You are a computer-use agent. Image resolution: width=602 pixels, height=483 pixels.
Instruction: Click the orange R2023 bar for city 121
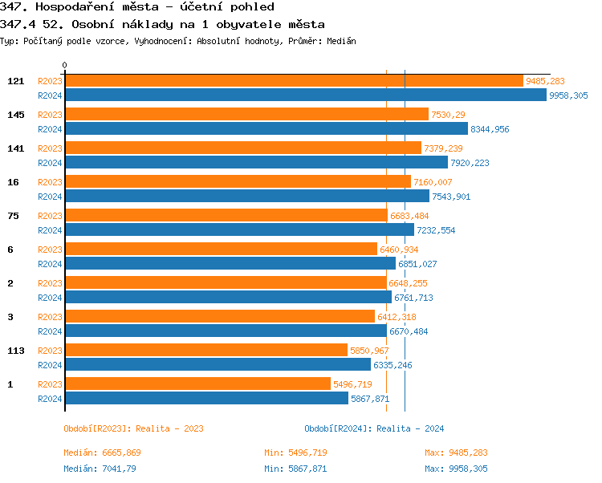(x=293, y=81)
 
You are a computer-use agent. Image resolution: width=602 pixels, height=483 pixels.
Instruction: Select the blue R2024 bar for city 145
(x=266, y=128)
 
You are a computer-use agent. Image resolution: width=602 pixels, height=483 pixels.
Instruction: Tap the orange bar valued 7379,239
(x=242, y=148)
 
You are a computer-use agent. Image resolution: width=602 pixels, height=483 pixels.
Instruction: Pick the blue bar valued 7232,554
(x=239, y=229)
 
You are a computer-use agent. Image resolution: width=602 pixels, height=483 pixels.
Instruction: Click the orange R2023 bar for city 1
(x=197, y=384)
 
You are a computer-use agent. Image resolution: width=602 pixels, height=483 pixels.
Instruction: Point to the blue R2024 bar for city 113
(x=218, y=364)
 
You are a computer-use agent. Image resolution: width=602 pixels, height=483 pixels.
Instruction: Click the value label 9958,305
(x=568, y=95)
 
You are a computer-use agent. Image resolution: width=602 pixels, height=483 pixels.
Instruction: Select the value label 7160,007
(x=433, y=182)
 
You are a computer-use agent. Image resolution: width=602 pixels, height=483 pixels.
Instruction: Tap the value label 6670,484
(x=409, y=331)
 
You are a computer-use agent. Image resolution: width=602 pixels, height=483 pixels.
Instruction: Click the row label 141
(x=15, y=148)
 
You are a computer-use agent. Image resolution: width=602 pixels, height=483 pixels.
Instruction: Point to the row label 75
(x=13, y=216)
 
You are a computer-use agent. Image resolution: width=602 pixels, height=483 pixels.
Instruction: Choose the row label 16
(x=13, y=182)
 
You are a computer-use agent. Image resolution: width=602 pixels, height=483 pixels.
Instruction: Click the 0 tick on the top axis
(x=65, y=66)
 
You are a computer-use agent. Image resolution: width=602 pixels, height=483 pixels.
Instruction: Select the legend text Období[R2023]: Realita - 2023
(x=133, y=428)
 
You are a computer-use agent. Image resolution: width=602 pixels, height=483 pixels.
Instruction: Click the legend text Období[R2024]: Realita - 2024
(x=374, y=428)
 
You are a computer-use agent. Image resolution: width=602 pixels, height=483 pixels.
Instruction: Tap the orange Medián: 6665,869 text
(x=102, y=453)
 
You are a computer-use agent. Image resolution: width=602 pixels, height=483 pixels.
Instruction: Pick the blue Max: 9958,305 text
(x=456, y=469)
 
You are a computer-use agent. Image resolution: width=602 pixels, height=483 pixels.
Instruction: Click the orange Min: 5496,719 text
(x=295, y=453)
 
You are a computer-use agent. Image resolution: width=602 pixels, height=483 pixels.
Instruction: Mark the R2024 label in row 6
(x=51, y=263)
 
